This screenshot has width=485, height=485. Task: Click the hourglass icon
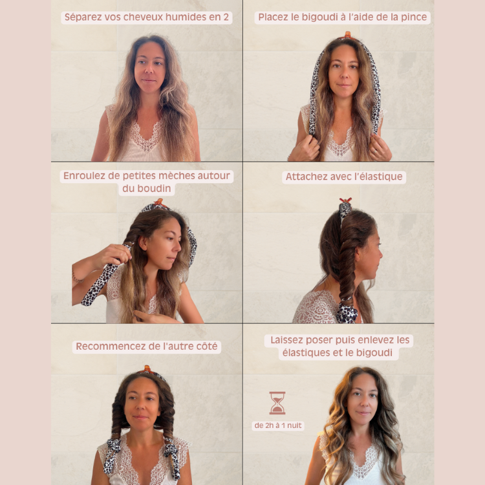click(277, 403)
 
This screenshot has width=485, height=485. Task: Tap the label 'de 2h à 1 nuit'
click(278, 426)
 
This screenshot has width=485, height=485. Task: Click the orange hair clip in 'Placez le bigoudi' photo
click(348, 36)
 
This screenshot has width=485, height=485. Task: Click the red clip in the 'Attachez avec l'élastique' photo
click(345, 200)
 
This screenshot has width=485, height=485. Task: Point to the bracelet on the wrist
click(76, 277)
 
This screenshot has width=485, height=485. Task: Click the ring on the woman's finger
click(375, 151)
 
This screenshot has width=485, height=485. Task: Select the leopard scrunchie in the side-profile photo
click(347, 312)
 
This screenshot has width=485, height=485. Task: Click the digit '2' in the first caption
click(226, 17)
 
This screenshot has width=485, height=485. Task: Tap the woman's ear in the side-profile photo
click(360, 257)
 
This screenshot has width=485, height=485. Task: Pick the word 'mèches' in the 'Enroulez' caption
click(175, 176)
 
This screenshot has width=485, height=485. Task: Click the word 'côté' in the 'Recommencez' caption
click(206, 346)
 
